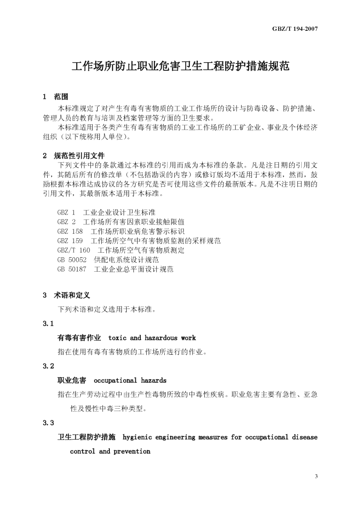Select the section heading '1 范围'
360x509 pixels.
[x=55, y=97]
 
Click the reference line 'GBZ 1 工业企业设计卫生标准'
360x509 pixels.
[x=106, y=212]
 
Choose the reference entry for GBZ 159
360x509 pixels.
[x=139, y=240]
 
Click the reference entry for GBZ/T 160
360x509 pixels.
[x=121, y=250]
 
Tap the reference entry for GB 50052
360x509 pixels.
[x=108, y=259]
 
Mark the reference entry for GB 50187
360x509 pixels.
[x=115, y=269]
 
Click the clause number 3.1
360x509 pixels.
[x=49, y=324]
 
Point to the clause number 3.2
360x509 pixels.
[x=49, y=366]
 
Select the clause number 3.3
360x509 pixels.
[x=49, y=423]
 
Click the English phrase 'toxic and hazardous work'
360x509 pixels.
[x=152, y=338]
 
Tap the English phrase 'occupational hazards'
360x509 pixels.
[x=130, y=380]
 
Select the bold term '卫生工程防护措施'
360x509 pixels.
[x=86, y=437]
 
